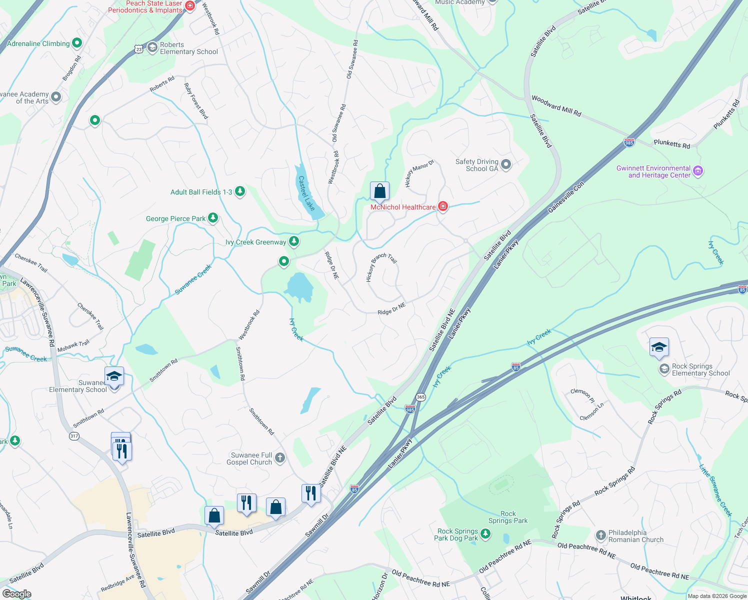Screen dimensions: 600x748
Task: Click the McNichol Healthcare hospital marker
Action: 442,206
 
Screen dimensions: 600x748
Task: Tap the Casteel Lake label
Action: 306,193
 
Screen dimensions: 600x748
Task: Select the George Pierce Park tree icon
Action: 213,217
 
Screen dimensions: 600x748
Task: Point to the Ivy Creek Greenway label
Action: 255,242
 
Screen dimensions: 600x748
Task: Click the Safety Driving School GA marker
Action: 506,164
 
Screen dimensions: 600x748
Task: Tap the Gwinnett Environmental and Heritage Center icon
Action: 698,171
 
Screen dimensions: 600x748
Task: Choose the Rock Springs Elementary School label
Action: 700,370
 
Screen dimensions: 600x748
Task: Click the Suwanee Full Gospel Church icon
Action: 280,457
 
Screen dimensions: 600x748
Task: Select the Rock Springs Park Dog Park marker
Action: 484,534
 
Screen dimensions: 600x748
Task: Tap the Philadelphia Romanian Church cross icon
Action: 601,535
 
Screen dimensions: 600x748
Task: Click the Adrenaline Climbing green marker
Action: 77,43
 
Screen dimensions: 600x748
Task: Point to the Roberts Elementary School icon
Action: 152,48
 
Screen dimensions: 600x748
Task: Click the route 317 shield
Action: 74,436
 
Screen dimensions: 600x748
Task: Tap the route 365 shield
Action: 420,397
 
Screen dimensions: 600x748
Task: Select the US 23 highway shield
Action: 138,48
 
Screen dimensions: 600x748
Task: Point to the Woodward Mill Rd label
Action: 556,106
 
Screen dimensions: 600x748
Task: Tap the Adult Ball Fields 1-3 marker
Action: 240,191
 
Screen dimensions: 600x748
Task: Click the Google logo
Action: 17,593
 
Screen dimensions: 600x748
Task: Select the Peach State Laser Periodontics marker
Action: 190,6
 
